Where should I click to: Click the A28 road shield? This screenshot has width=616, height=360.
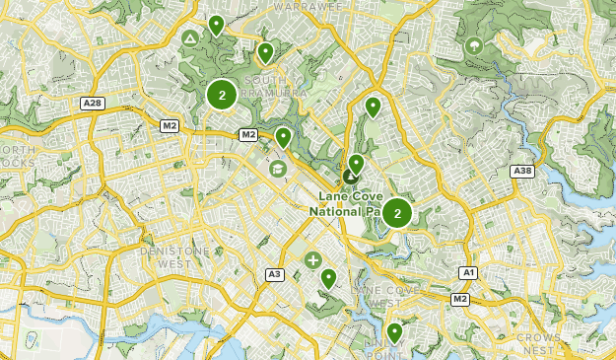click(x=94, y=104)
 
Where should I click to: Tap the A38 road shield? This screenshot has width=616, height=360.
click(x=521, y=171)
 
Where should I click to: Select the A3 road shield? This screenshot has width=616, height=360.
click(x=275, y=274)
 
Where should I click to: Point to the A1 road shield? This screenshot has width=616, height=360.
click(x=469, y=272)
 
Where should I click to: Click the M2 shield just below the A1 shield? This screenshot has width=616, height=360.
click(x=460, y=298)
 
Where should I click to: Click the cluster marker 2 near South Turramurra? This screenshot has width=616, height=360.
click(x=222, y=95)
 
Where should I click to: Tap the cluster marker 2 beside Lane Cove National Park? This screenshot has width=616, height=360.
click(x=396, y=212)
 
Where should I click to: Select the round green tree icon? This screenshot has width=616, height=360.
click(x=474, y=43)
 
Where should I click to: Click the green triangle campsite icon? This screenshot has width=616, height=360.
click(x=188, y=38)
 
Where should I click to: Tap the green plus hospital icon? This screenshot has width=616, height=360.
click(x=312, y=260)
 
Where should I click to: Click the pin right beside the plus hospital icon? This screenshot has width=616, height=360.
click(x=328, y=279)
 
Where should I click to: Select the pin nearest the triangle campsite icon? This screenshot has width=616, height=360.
click(x=216, y=26)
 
